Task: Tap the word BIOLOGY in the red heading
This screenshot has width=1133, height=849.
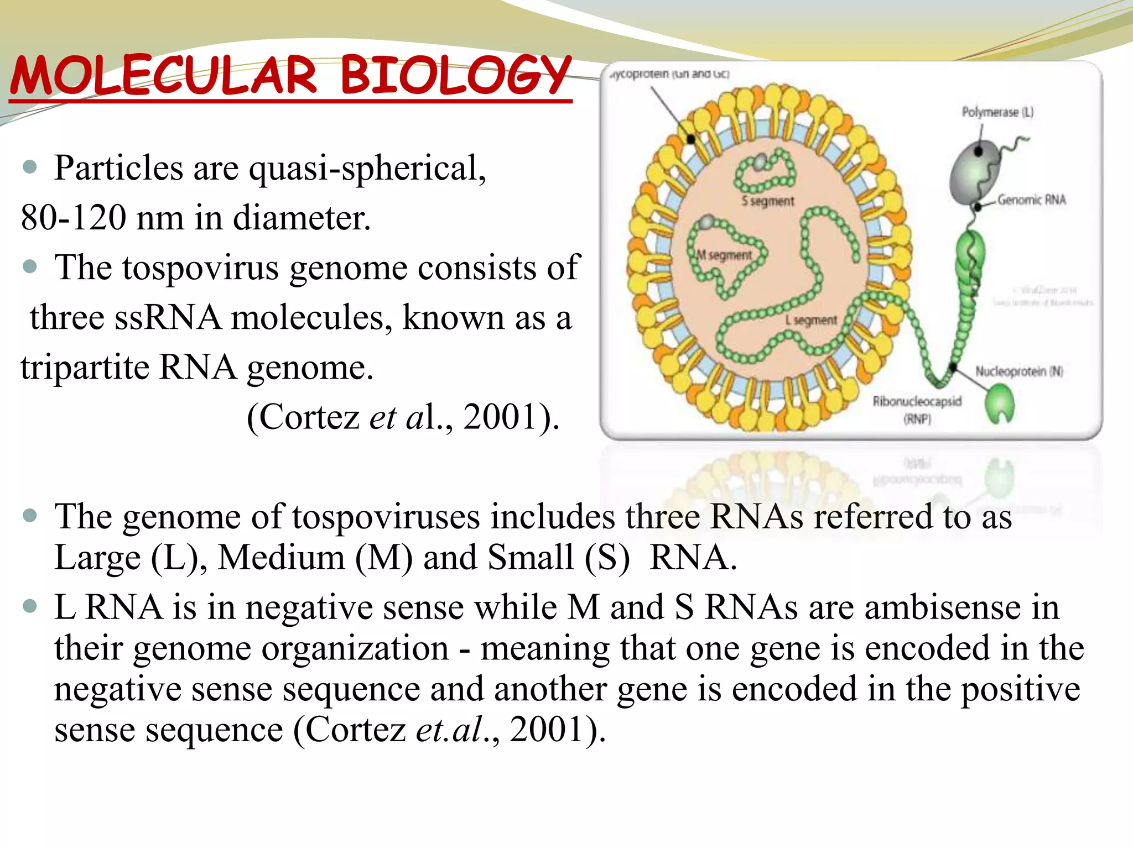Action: pyautogui.click(x=455, y=76)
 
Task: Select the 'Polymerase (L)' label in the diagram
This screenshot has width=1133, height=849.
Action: pyautogui.click(x=997, y=112)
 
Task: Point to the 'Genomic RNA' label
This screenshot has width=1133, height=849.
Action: pyautogui.click(x=1031, y=200)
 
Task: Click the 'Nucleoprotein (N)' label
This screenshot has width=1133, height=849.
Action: pyautogui.click(x=1018, y=371)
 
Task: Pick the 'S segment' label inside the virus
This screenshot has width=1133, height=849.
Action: pyautogui.click(x=767, y=201)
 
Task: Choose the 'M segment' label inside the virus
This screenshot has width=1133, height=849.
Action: pyautogui.click(x=724, y=255)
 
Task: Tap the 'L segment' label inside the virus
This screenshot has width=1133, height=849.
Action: pyautogui.click(x=811, y=321)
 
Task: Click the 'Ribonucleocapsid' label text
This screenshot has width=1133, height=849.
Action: pyautogui.click(x=917, y=401)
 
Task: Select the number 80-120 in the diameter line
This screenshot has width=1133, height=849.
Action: pyautogui.click(x=73, y=218)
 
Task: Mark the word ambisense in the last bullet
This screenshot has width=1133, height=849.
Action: pyautogui.click(x=942, y=607)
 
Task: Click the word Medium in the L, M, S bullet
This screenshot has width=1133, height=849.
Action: pyautogui.click(x=281, y=557)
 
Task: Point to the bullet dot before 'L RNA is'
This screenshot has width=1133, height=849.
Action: pyautogui.click(x=30, y=607)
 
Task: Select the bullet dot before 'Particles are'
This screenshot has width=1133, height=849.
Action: pyautogui.click(x=30, y=167)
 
